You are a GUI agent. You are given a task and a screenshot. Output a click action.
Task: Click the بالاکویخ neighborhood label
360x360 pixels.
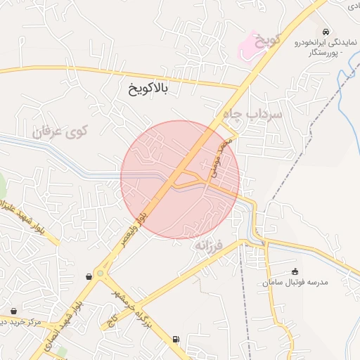153,89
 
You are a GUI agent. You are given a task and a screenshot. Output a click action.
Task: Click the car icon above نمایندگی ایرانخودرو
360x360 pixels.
325,32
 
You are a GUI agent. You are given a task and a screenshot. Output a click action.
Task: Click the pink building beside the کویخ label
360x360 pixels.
249,46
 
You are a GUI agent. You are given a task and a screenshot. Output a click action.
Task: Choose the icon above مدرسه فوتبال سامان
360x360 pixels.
295,271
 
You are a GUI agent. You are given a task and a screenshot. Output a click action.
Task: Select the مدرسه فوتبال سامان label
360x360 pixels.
295,282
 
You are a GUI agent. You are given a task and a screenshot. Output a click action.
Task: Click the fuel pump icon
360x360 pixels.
175,340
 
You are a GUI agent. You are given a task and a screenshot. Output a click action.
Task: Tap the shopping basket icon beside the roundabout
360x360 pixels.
88,276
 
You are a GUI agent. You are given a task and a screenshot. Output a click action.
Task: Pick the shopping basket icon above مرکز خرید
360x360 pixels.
14,310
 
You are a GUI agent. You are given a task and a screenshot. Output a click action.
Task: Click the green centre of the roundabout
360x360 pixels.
100,273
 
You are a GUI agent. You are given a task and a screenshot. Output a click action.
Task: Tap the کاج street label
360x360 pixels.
111,319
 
